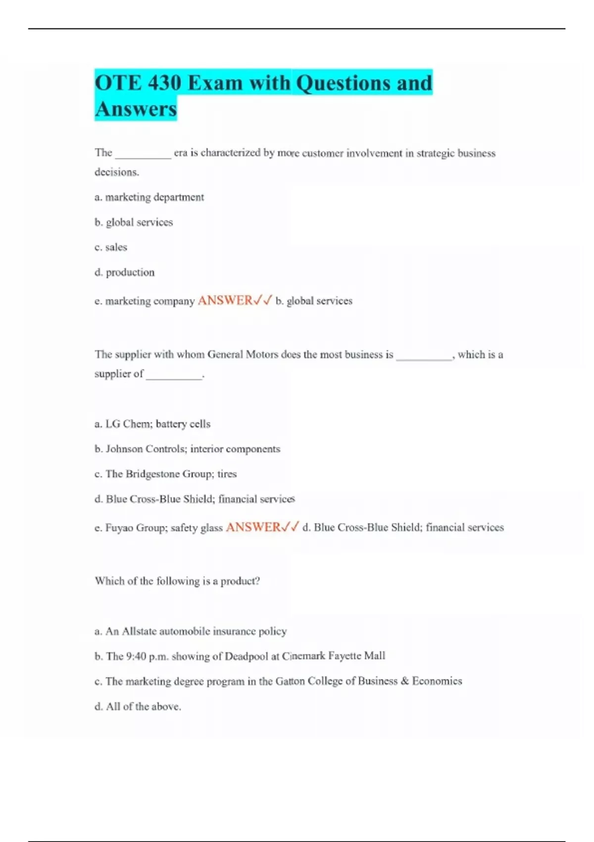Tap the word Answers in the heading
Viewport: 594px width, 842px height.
(136, 109)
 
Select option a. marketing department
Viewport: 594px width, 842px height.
(149, 197)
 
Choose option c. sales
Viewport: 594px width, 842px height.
(111, 247)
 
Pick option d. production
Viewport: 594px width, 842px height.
(124, 272)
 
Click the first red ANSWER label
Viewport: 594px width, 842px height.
(225, 301)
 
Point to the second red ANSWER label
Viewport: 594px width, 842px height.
(253, 527)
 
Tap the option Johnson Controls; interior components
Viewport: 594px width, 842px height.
(187, 449)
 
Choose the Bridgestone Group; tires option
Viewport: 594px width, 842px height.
(166, 474)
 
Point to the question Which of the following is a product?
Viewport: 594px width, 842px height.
(177, 581)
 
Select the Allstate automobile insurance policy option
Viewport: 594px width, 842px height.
(191, 631)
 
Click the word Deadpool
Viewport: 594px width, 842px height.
(246, 656)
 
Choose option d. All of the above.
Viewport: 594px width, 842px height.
(138, 707)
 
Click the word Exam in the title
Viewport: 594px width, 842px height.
(215, 83)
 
